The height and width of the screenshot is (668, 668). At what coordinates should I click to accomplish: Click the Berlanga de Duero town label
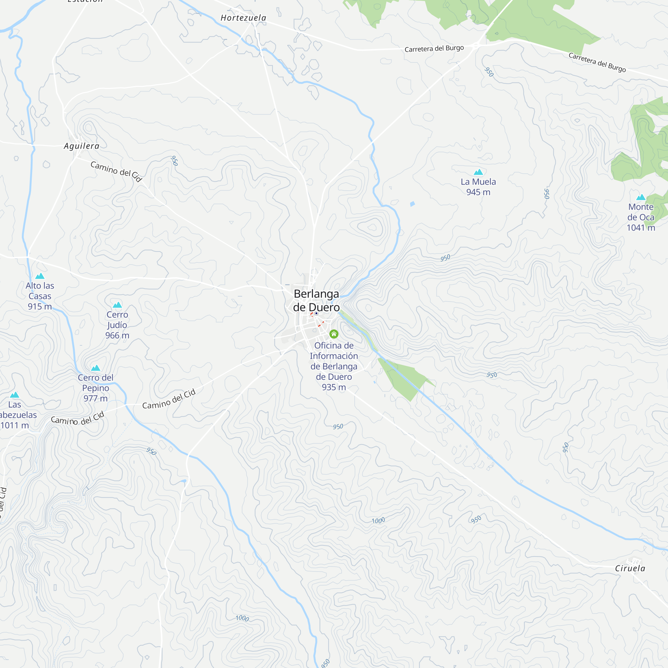click(316, 301)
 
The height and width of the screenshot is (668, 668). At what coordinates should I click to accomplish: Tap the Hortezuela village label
click(243, 18)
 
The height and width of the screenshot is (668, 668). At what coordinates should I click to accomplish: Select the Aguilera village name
click(81, 146)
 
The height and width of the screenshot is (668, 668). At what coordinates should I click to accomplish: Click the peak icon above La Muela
click(478, 172)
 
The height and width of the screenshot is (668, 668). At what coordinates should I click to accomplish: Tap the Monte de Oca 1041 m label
click(641, 217)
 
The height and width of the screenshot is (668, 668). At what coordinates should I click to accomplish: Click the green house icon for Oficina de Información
click(334, 334)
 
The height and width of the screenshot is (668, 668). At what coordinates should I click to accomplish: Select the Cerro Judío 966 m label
click(117, 325)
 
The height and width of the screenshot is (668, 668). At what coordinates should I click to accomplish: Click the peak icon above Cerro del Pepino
click(96, 368)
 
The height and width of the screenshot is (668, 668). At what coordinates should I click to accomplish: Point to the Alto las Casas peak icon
click(40, 276)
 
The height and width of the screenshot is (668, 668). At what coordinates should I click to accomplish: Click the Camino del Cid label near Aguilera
click(117, 171)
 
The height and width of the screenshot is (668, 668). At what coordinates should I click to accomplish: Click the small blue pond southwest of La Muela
click(412, 204)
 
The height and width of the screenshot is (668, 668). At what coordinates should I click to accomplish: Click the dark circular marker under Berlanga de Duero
click(316, 313)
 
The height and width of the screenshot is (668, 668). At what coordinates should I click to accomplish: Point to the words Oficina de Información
click(334, 351)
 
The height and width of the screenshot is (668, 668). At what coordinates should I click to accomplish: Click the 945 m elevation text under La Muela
click(478, 192)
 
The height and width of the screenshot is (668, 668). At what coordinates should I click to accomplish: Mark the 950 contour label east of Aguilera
click(175, 161)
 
